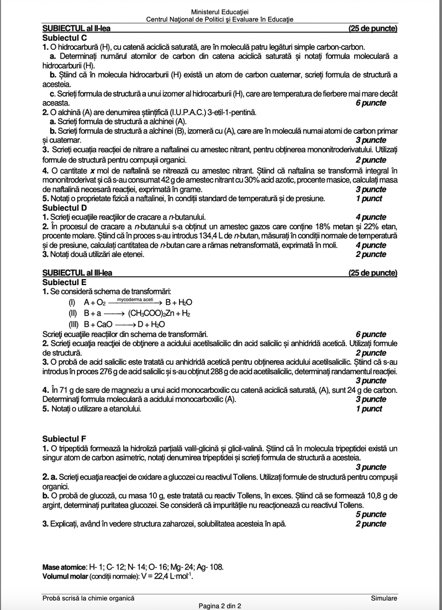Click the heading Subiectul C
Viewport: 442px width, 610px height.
65,38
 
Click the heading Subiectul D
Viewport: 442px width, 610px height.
65,208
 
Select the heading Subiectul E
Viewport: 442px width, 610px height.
65,282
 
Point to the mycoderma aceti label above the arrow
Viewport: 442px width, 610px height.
135,298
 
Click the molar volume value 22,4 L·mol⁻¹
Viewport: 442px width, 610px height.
172,575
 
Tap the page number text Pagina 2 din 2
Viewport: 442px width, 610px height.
220,606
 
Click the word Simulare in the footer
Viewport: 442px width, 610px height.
384,598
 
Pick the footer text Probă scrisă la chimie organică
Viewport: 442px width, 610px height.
88,598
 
